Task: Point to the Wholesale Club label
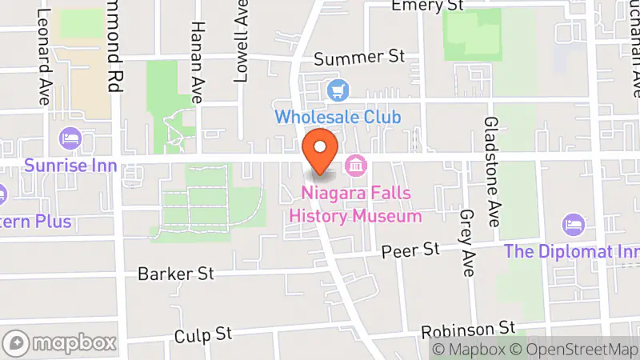click(338, 117)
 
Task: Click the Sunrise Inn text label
click(70, 166)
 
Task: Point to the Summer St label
click(360, 58)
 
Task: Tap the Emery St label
click(428, 6)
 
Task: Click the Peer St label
click(411, 250)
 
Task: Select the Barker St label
click(176, 274)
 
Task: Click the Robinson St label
click(468, 328)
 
